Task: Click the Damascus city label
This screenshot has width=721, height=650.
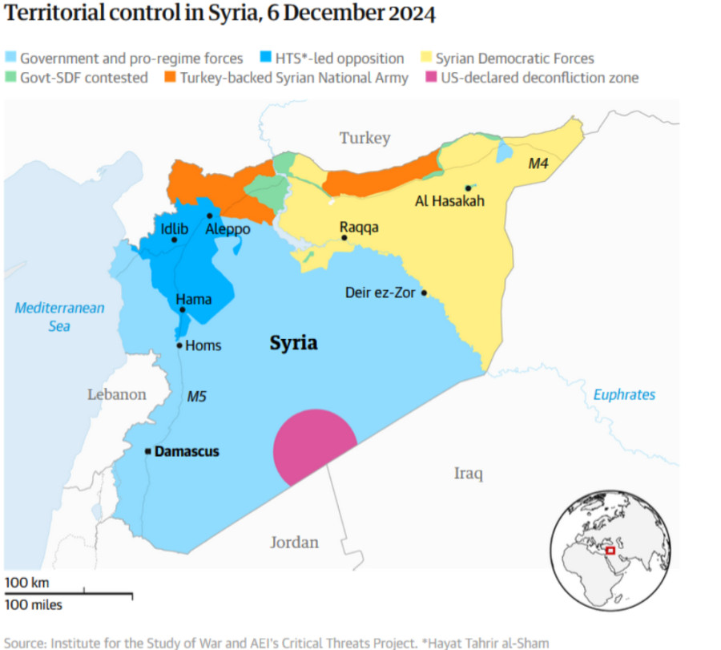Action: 186,452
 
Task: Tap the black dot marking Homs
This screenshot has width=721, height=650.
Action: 179,345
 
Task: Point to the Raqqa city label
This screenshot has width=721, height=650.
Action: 359,228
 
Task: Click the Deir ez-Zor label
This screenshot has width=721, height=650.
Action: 380,293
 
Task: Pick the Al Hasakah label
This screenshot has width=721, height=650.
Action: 449,202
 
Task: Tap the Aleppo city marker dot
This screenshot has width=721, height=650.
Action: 209,216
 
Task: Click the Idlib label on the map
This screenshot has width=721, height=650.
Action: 174,229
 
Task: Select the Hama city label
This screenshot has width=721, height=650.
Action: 194,300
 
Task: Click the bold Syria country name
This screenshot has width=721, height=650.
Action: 293,344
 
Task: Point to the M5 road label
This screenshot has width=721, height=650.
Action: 197,397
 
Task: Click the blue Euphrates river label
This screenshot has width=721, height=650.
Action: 624,394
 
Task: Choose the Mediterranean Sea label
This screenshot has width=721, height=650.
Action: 59,317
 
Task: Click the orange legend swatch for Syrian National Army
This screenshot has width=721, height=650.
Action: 170,78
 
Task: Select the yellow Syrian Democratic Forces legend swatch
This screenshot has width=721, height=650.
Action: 427,58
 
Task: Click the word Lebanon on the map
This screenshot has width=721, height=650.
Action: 117,394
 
